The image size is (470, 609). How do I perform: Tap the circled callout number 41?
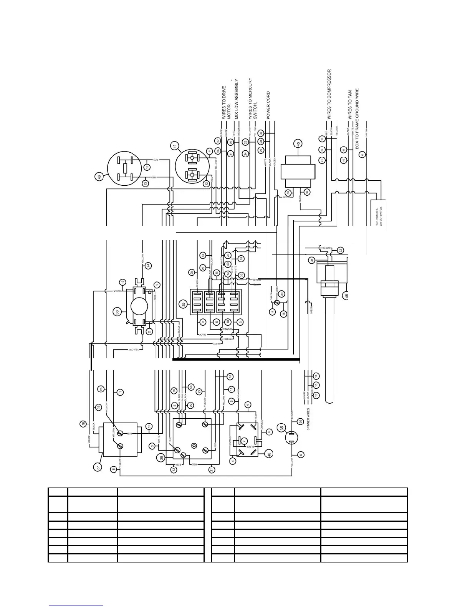point(175,146)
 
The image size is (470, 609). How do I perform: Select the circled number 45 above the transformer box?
point(297,144)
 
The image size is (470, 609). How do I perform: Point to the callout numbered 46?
point(346,296)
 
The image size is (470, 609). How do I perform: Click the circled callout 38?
point(118,312)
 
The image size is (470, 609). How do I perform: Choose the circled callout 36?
point(161,458)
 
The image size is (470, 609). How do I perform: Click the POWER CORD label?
point(268,105)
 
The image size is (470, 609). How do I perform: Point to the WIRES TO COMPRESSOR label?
point(329,94)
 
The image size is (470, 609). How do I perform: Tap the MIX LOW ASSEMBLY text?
point(237,99)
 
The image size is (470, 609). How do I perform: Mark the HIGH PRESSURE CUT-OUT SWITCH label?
point(379,216)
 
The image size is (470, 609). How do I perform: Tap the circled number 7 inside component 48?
point(244,441)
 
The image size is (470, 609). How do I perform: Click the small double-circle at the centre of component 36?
point(194,446)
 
